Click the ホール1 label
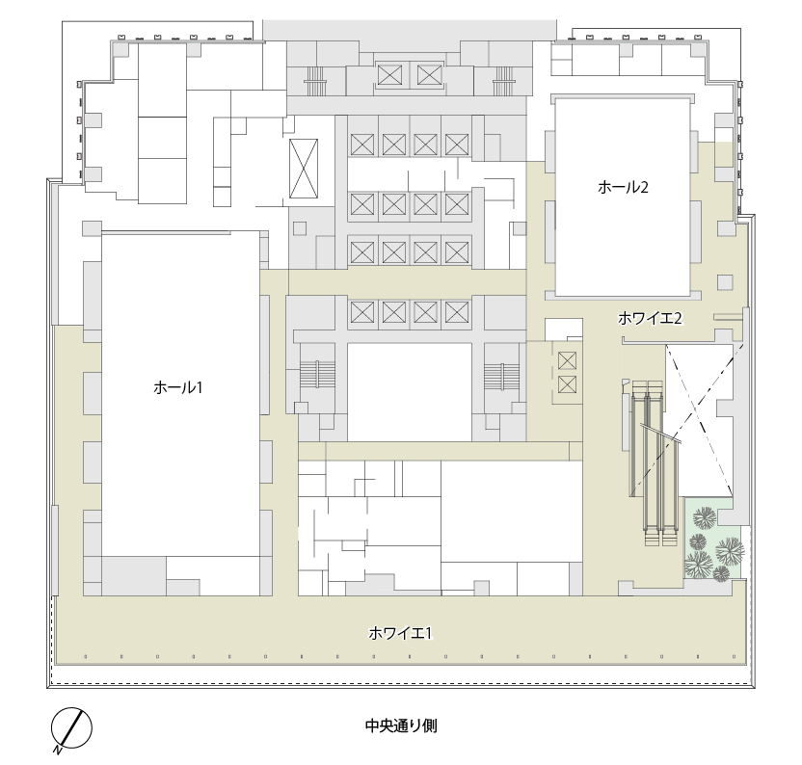(x=178, y=387)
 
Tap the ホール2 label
(x=623, y=187)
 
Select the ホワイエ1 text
(x=400, y=634)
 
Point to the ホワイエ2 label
(x=650, y=319)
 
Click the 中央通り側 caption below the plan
(x=401, y=725)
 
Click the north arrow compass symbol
(x=70, y=729)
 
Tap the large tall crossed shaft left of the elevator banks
(x=304, y=169)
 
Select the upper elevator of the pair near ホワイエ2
(x=567, y=360)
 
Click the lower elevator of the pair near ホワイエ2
(x=567, y=384)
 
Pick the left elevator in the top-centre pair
(x=389, y=76)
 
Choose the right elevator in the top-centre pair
(x=429, y=76)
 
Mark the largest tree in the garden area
(x=730, y=551)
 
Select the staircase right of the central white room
(x=502, y=378)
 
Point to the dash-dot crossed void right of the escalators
(x=699, y=419)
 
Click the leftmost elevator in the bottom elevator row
(x=362, y=311)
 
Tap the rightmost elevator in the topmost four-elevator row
(x=457, y=145)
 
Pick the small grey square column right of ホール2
(x=725, y=281)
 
